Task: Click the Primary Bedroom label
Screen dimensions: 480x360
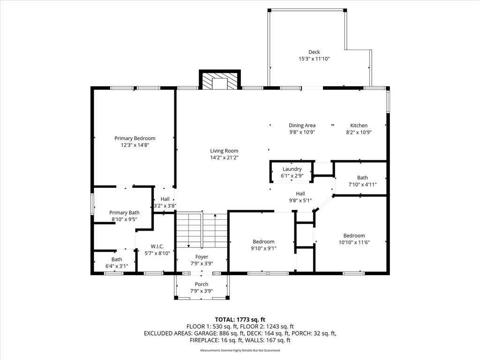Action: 135,138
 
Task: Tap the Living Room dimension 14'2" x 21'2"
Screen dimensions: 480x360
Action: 224,157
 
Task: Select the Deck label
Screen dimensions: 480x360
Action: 314,52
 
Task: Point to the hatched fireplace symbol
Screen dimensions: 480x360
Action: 220,80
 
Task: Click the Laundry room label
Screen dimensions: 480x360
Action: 292,169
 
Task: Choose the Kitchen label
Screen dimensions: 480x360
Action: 359,125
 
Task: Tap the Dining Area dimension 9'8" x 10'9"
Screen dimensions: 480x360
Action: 302,132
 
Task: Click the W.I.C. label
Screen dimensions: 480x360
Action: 157,247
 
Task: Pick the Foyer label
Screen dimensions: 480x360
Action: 202,257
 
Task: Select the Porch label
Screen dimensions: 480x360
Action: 202,284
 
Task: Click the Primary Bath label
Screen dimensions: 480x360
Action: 124,212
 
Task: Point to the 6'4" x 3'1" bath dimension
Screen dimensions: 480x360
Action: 117,266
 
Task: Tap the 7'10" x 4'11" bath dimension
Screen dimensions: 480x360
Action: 362,185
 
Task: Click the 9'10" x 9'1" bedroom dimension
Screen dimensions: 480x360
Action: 263,248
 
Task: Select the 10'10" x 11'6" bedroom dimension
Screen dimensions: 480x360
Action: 354,242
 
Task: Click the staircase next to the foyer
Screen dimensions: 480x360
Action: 202,230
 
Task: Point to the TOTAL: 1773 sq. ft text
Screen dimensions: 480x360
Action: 240,320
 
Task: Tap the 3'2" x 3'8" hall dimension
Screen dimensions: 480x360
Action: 165,206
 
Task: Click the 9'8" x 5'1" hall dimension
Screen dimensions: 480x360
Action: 300,201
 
